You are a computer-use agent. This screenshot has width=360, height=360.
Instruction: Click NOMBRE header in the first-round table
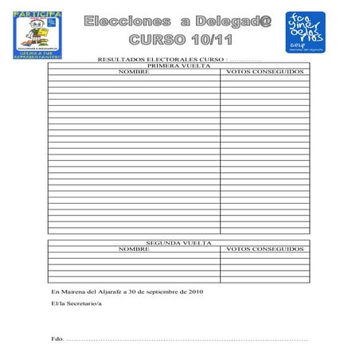(133, 72)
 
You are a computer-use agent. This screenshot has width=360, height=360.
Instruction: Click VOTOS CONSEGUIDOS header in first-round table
(265, 72)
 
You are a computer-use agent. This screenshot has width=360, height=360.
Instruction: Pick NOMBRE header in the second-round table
(133, 248)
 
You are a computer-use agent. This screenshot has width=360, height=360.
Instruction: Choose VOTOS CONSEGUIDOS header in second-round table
(265, 248)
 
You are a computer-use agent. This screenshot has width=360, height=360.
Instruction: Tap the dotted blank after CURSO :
(245, 61)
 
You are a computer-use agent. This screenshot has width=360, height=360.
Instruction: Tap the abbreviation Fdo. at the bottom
(56, 339)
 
